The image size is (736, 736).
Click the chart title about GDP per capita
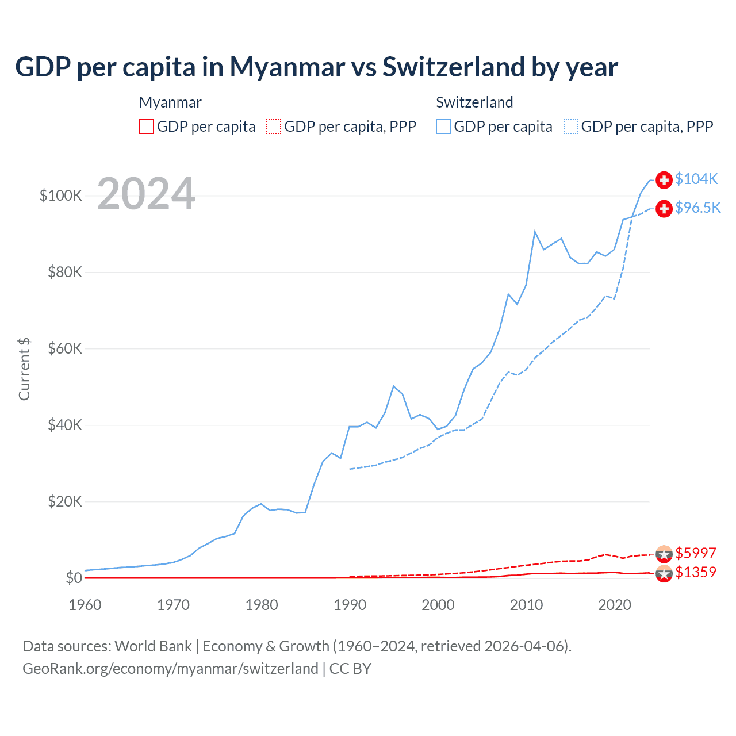316,67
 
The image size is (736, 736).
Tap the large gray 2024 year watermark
146,194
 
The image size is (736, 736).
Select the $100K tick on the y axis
61,195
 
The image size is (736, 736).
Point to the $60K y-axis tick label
65,348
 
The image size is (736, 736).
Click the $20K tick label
65,501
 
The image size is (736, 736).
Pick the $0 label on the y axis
74,578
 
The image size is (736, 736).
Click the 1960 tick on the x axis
85,605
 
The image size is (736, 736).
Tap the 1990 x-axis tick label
350,605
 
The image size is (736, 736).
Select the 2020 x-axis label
615,605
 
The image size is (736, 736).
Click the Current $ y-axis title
24,369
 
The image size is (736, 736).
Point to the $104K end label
696,179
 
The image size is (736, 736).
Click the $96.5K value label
697,208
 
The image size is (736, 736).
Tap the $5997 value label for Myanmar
696,553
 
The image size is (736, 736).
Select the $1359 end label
696,572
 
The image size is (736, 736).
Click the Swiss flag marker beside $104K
664,180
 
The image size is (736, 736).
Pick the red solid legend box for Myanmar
147,126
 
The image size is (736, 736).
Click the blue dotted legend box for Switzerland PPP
571,126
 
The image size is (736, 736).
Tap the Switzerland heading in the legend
474,102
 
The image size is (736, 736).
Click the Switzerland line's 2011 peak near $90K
535,232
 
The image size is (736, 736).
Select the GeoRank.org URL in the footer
170,669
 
